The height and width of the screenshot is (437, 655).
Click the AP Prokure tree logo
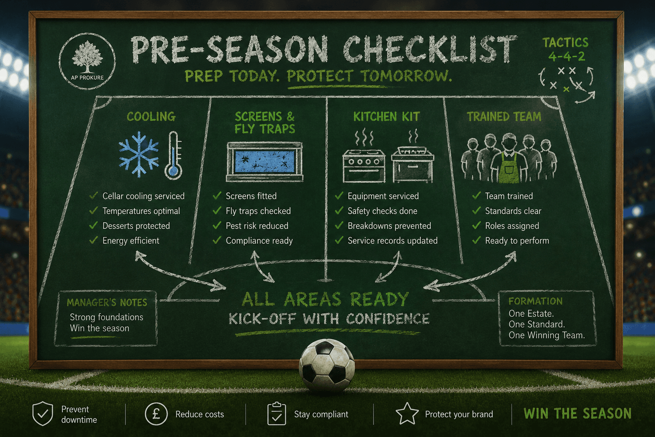click(x=87, y=61)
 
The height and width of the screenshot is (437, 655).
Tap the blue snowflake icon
click(x=139, y=154)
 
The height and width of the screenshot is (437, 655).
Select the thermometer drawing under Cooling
click(x=174, y=155)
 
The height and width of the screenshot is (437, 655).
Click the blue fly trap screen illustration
click(x=265, y=162)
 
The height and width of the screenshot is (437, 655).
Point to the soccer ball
click(x=327, y=366)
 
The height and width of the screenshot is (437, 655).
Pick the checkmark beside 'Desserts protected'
click(x=93, y=225)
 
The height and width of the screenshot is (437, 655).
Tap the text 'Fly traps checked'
click(x=258, y=211)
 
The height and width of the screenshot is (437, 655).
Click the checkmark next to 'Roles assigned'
click(x=476, y=225)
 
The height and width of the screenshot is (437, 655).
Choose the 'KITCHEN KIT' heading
click(x=387, y=117)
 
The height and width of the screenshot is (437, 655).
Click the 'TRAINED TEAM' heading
click(x=504, y=117)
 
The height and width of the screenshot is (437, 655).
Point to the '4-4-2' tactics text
click(x=566, y=56)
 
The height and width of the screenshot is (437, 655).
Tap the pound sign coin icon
click(x=156, y=414)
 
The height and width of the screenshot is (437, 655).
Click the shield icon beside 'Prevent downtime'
click(x=43, y=414)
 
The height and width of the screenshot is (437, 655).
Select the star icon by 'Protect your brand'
click(x=407, y=414)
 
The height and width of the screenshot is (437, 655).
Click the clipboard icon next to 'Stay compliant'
click(x=277, y=414)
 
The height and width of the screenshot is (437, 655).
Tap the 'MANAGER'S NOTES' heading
click(x=107, y=303)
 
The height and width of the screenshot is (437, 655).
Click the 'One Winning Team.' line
click(x=547, y=335)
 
